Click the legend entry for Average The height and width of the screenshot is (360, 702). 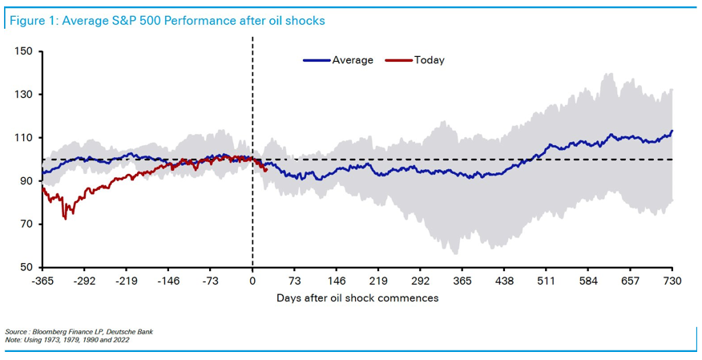[x=353, y=60]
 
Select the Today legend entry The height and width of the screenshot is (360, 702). [x=429, y=60]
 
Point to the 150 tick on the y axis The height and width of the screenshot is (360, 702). [x=24, y=51]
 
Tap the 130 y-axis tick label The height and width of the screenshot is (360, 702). [x=24, y=95]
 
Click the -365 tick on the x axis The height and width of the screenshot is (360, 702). [x=42, y=281]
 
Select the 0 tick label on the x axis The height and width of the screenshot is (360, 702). [x=252, y=281]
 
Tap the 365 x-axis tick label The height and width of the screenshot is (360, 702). [x=462, y=281]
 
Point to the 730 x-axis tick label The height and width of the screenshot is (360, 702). [x=672, y=281]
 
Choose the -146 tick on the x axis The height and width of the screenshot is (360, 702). [x=168, y=281]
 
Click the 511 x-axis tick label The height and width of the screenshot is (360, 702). [x=546, y=281]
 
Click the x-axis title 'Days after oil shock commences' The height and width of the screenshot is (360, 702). [x=357, y=298]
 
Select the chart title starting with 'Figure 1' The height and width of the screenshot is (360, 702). [x=167, y=20]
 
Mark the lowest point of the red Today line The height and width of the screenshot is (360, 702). [x=65, y=218]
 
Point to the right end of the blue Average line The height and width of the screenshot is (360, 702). [x=672, y=131]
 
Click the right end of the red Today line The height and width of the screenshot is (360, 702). [x=265, y=170]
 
